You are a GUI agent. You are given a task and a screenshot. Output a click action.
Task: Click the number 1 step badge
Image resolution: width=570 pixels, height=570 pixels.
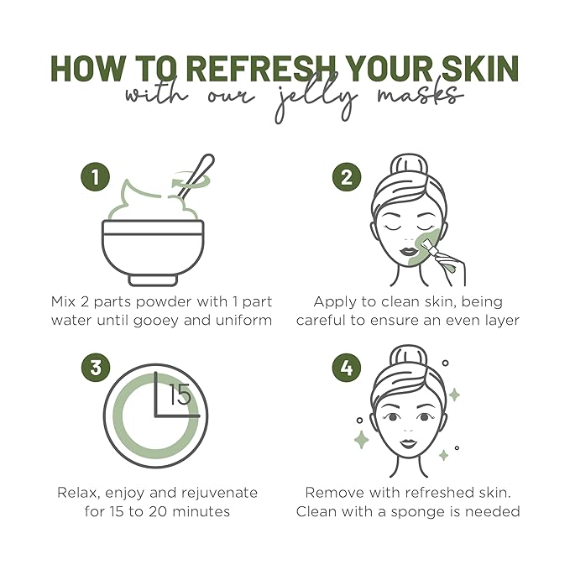[96, 177]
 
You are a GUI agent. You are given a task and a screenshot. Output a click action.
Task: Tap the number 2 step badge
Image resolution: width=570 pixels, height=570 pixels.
[345, 177]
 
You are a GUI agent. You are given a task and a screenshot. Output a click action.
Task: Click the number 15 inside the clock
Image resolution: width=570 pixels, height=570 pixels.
[180, 394]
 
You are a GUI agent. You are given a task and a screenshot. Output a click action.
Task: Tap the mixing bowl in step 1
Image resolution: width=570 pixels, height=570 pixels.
[154, 248]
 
